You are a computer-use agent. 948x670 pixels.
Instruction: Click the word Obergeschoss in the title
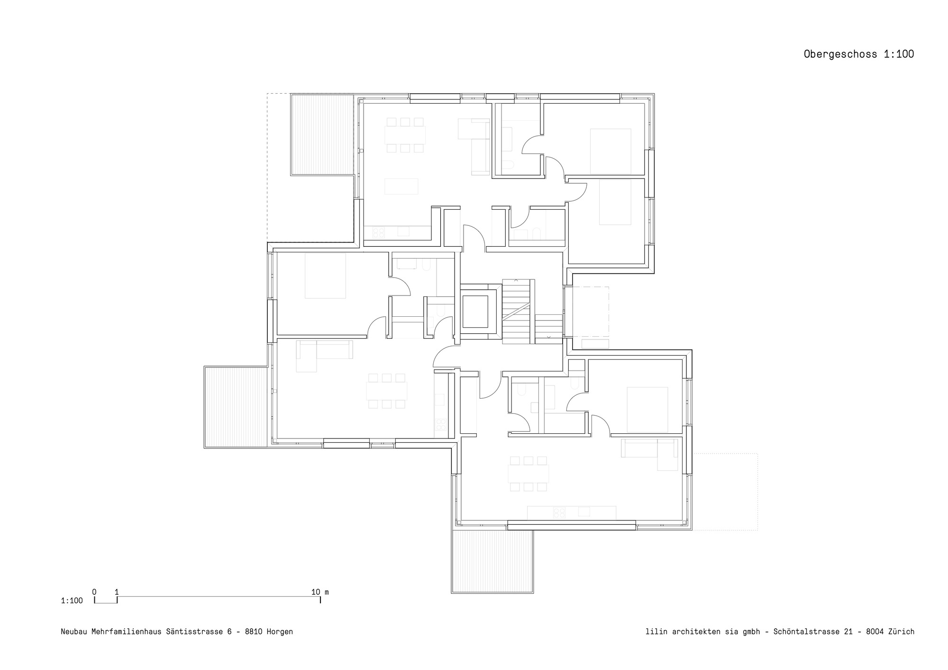(840, 54)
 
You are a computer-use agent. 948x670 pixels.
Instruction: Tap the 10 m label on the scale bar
(319, 592)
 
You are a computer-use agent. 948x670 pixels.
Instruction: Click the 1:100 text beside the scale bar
(72, 601)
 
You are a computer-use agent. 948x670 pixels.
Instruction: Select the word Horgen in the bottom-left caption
(280, 632)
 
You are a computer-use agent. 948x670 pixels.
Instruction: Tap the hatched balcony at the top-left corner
(322, 134)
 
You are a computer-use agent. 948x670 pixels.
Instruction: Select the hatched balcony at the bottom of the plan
(492, 561)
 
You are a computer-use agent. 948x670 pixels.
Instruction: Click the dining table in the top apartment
(405, 135)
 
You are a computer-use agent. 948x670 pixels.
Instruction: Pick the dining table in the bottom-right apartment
(528, 473)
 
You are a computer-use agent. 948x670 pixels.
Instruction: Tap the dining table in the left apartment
(387, 391)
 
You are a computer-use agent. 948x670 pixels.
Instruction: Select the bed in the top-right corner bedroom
(611, 151)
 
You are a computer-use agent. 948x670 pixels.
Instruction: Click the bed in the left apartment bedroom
(325, 276)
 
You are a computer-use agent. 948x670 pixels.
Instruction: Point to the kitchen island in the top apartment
(401, 186)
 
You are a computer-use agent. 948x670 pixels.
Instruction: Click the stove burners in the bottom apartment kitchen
(559, 512)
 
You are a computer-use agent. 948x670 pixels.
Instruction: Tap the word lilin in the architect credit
(656, 632)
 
